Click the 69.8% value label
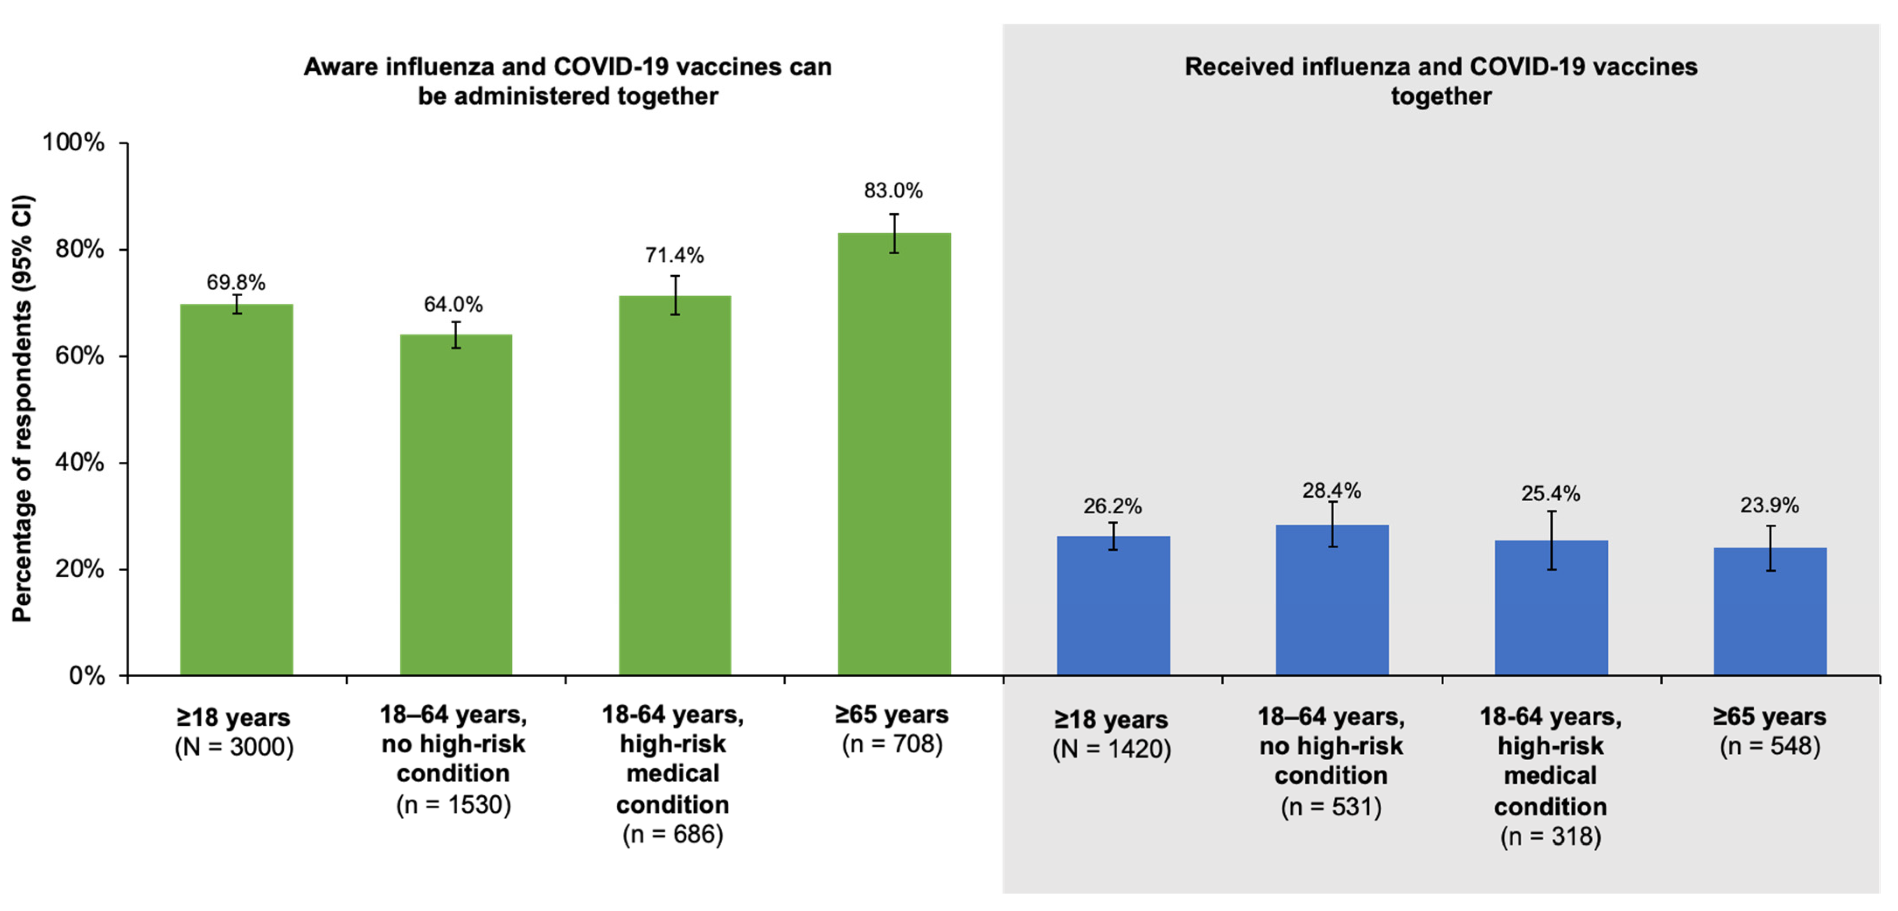point(236,282)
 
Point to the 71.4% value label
point(674,256)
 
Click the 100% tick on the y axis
point(74,142)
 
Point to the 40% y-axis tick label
point(80,463)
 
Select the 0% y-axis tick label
point(87,675)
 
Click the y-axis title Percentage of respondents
point(22,409)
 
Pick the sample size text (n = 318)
point(1550,837)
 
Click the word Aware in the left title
point(341,67)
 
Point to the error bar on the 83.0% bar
point(894,233)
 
